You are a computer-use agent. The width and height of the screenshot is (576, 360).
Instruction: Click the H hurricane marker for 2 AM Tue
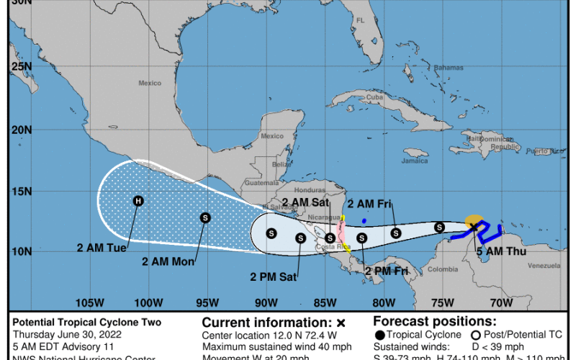[x=138, y=201]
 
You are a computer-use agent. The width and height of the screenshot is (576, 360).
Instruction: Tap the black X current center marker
[x=474, y=226]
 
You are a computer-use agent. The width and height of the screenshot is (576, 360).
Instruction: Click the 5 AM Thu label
[x=501, y=251]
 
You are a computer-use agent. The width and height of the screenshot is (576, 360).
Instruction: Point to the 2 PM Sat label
[x=273, y=275]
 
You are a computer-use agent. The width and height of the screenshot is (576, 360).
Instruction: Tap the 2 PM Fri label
[x=387, y=271]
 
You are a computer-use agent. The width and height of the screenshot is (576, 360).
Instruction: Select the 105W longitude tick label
[x=88, y=302]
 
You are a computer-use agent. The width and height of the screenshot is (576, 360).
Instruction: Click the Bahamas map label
[x=448, y=67]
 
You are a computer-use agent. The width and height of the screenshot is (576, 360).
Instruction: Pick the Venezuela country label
[x=544, y=266]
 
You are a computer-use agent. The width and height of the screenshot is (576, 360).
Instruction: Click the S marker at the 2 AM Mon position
[x=205, y=217]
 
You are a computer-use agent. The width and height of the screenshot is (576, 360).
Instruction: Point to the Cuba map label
[x=374, y=97]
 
